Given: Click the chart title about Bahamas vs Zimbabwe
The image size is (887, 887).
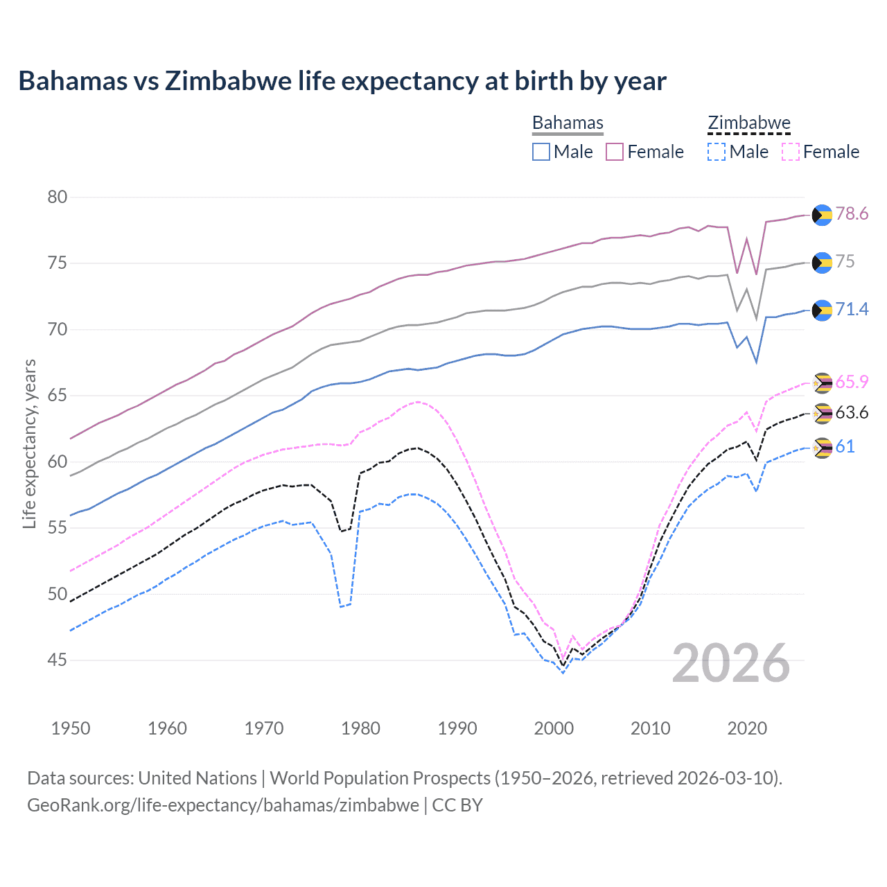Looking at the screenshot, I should click(x=342, y=81).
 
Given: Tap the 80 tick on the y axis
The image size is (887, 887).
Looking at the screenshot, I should click(x=58, y=197).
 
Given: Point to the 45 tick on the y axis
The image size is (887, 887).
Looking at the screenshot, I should click(x=58, y=660).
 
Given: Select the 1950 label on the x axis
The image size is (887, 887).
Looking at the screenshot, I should click(x=71, y=728).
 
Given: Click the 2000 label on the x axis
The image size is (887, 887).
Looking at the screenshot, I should click(x=554, y=728).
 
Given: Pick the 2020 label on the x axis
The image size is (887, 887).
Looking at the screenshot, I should click(x=747, y=728).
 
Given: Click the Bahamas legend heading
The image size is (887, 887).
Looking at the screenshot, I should click(x=568, y=123).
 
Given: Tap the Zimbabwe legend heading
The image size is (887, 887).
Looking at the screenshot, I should click(x=748, y=123).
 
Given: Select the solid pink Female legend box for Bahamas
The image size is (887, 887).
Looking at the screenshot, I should click(x=615, y=152).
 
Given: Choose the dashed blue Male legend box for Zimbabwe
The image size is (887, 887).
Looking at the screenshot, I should click(x=717, y=152).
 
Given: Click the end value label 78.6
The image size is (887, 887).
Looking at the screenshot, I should click(x=852, y=214).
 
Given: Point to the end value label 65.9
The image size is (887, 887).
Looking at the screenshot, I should click(x=852, y=382).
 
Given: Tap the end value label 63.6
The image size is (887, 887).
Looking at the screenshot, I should click(x=852, y=413).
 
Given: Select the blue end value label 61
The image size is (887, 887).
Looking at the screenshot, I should click(x=845, y=446).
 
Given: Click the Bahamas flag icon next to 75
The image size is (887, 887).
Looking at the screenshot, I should click(x=822, y=263).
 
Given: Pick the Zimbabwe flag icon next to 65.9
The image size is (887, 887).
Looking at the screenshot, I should click(x=822, y=383).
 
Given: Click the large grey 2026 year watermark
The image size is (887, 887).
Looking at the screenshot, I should click(x=731, y=663).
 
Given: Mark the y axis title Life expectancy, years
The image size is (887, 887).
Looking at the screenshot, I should click(x=30, y=443).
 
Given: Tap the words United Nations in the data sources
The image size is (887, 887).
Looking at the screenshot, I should click(x=197, y=778).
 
